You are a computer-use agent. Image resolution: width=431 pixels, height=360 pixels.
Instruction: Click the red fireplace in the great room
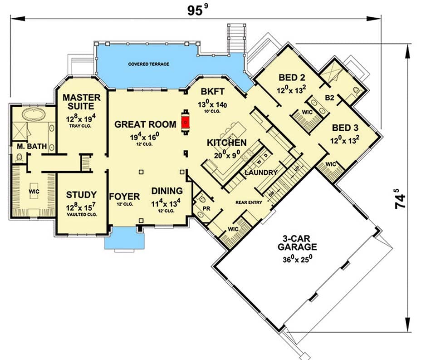click(185, 121)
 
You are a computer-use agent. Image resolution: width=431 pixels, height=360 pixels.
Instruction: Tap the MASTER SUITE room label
click(78, 102)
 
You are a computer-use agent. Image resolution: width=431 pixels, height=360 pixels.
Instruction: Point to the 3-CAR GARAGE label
click(298, 242)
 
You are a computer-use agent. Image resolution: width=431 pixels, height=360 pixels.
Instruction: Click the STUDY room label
click(81, 195)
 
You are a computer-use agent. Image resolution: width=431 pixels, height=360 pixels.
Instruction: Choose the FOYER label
click(124, 196)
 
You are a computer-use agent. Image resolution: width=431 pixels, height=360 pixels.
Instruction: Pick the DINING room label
click(167, 191)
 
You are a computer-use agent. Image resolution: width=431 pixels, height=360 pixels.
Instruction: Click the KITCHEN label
click(227, 143)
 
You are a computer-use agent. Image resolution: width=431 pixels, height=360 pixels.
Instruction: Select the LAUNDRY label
click(260, 173)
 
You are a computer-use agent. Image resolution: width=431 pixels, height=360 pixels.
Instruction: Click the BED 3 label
click(347, 128)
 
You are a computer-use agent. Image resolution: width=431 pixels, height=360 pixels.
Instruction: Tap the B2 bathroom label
click(330, 97)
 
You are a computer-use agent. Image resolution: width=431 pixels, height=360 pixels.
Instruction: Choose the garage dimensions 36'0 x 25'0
click(298, 260)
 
